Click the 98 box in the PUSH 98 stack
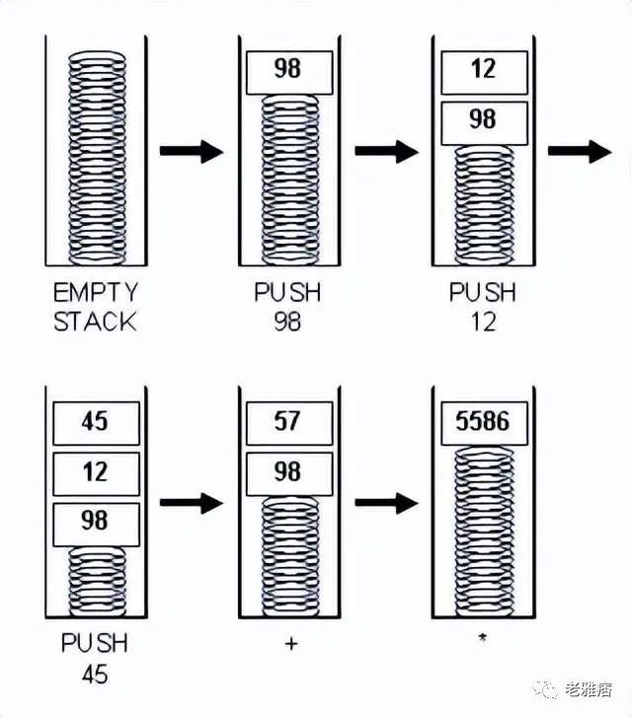289,73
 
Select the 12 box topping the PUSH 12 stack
484,73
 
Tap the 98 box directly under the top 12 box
484,123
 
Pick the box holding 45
96,423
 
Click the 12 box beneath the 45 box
96,474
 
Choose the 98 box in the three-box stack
96,525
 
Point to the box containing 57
289,423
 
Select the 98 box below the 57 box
289,474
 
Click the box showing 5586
484,423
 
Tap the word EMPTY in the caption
95,292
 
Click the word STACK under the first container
95,322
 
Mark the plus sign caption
291,644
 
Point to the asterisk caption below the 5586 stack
482,637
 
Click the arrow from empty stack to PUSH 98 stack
192,151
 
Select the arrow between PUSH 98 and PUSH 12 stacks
386,151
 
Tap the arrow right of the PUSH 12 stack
580,151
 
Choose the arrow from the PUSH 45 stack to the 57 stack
192,503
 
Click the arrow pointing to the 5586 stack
386,503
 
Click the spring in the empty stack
97,158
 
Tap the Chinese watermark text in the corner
589,689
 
